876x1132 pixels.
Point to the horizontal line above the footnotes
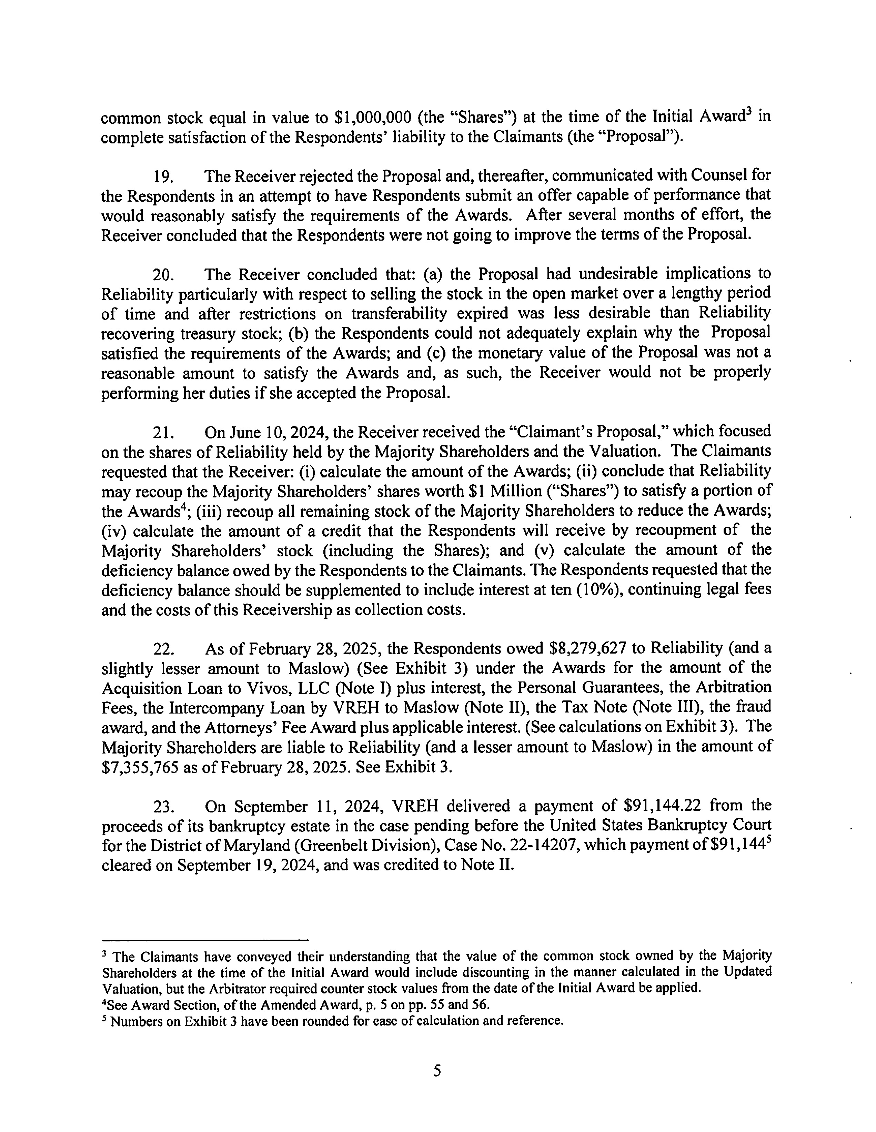[x=205, y=939]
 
